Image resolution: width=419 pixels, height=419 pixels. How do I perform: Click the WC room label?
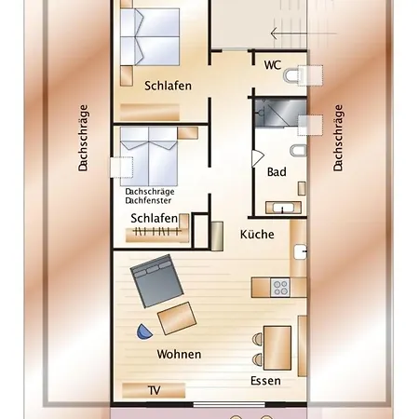[x=273, y=65]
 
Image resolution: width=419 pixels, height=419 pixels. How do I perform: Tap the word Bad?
[x=277, y=172]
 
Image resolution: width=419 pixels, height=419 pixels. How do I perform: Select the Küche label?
[x=257, y=235]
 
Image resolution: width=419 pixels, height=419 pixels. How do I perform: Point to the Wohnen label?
[x=180, y=355]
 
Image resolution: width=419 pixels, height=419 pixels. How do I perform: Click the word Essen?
[x=265, y=381]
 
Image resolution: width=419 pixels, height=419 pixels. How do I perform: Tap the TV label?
[x=154, y=391]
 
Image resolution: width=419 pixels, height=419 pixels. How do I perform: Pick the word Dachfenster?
[x=149, y=199]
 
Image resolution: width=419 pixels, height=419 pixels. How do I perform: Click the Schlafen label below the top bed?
[x=169, y=86]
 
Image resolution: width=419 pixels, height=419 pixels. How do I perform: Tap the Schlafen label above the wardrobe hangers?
[x=155, y=219]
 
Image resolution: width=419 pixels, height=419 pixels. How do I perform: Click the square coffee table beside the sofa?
[x=178, y=318]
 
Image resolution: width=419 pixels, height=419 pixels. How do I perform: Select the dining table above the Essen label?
[x=277, y=344]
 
